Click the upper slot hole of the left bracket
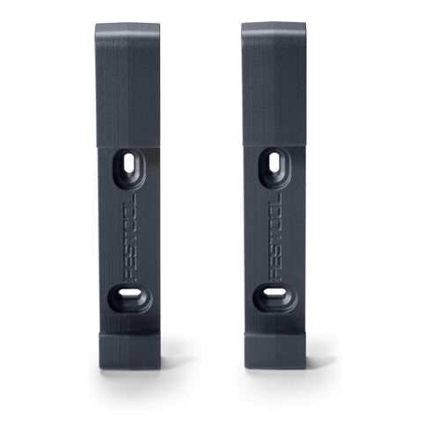128,163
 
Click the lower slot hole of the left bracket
129,293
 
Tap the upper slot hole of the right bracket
274,162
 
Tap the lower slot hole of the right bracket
274,292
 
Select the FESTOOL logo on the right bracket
275,237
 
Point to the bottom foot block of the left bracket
129,351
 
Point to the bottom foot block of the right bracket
275,351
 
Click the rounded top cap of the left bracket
128,30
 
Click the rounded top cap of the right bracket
274,29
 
